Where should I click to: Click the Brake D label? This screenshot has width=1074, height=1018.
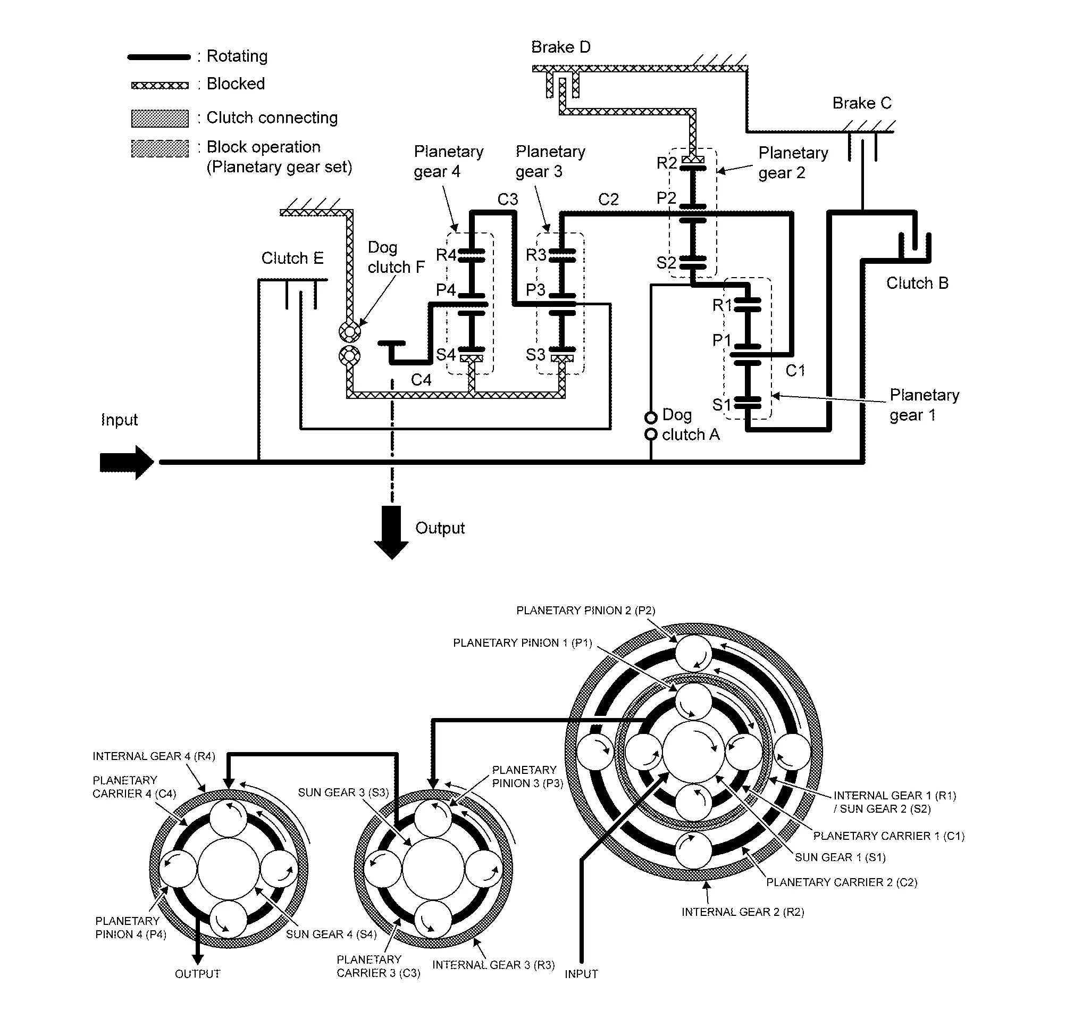[560, 47]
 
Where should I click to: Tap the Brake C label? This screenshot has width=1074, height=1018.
[862, 103]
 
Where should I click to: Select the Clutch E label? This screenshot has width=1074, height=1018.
[292, 258]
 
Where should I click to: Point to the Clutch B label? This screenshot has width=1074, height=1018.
[917, 283]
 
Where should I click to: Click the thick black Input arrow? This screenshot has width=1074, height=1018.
[127, 462]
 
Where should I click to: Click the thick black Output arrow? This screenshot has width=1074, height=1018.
[392, 532]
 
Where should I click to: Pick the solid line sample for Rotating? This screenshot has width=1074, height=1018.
[159, 57]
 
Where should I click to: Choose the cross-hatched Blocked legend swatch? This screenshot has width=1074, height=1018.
[160, 85]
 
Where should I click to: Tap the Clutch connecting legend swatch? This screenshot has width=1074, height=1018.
[160, 118]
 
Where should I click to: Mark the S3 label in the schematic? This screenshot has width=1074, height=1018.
[535, 354]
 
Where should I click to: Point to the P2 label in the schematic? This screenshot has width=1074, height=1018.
[666, 197]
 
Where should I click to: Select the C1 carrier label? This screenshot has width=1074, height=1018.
[795, 371]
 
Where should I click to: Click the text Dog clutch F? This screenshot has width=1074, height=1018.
[396, 257]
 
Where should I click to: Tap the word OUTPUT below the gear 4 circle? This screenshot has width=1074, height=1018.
[197, 973]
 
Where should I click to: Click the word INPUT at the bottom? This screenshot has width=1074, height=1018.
[581, 973]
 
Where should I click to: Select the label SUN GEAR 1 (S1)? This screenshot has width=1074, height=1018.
[840, 857]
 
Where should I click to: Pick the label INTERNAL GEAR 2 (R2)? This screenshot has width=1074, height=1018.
[743, 912]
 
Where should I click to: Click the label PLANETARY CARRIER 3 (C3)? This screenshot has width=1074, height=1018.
[378, 966]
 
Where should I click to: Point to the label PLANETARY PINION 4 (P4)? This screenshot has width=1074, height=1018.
[131, 928]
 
